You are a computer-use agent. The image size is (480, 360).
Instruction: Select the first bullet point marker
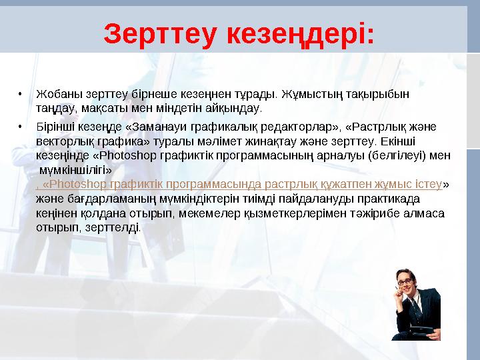coord(21,93)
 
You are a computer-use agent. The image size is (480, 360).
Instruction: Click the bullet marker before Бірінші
coord(21,126)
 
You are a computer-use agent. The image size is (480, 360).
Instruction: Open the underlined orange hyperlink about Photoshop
coord(240,184)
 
